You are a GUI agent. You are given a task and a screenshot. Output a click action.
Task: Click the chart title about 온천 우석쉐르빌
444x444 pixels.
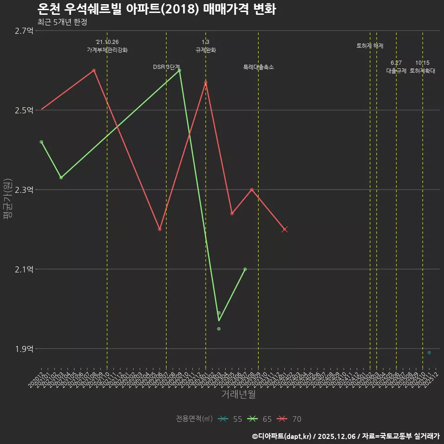click(x=156, y=9)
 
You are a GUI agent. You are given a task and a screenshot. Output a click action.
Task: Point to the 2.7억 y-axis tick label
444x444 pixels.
click(x=24, y=31)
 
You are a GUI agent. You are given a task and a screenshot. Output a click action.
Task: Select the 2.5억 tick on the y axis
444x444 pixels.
click(x=24, y=111)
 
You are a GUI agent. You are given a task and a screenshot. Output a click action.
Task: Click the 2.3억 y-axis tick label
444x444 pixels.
click(x=24, y=190)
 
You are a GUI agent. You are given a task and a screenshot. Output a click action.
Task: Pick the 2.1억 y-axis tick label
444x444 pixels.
click(x=24, y=270)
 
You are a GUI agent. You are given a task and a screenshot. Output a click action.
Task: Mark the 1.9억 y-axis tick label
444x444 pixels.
click(x=24, y=349)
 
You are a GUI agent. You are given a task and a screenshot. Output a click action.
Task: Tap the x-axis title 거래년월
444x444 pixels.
click(x=238, y=395)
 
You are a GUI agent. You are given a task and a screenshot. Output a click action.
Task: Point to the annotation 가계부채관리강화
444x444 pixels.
click(x=107, y=50)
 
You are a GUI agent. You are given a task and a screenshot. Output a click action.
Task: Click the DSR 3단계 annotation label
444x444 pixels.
click(x=166, y=67)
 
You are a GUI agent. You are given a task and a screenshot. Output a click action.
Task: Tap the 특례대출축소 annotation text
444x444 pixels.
click(x=259, y=67)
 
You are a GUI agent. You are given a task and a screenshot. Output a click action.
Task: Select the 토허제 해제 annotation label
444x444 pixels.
click(x=370, y=46)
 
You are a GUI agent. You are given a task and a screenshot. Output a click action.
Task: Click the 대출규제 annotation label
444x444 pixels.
click(x=396, y=71)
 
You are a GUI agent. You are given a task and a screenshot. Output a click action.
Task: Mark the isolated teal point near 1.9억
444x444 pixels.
click(x=429, y=353)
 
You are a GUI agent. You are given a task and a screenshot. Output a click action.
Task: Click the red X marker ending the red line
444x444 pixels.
click(x=285, y=229)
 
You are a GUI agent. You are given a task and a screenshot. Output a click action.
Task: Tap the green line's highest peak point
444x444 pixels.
click(x=179, y=70)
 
